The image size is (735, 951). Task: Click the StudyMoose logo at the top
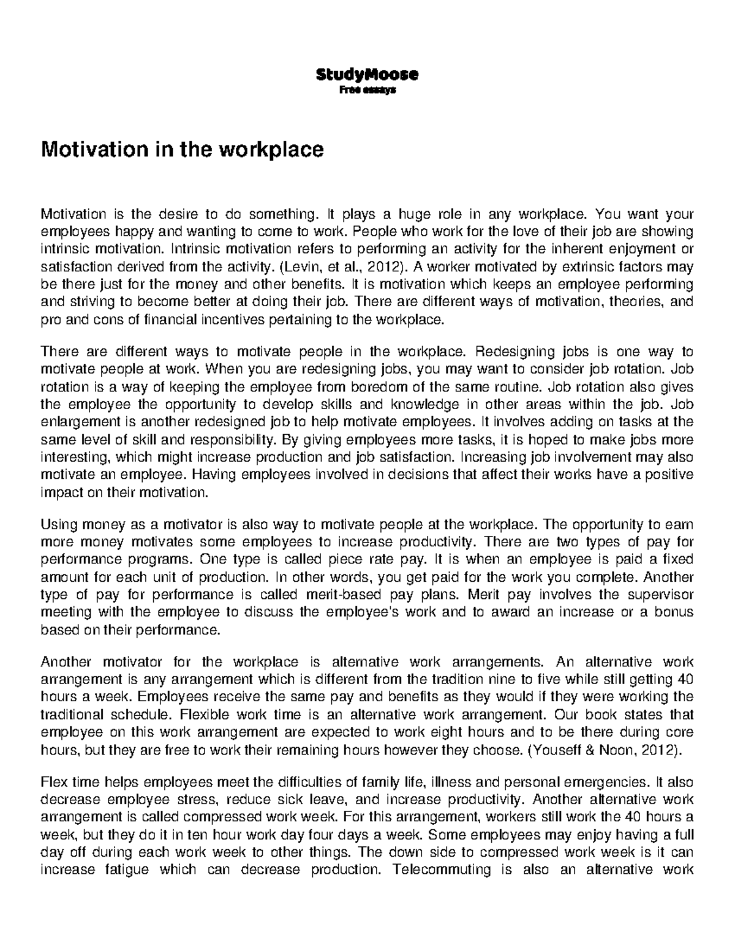point(367,75)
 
